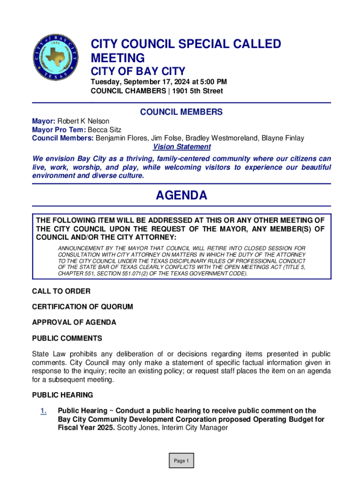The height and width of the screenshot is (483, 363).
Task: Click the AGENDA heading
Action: pos(181,195)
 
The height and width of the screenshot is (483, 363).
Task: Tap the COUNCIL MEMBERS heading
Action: pos(181,112)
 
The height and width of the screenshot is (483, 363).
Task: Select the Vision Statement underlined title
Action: pos(181,147)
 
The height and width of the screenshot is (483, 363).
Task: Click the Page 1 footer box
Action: pos(181,461)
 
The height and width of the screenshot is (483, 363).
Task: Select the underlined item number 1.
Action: pos(43,411)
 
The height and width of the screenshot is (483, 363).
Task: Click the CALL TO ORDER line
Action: pos(61,291)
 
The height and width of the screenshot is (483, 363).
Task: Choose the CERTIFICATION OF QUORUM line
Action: pos(82,307)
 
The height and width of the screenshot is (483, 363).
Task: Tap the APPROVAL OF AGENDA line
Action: pos(74,323)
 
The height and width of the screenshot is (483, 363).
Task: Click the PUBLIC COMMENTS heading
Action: pos(67,339)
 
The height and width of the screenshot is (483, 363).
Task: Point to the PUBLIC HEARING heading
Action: pos(63,395)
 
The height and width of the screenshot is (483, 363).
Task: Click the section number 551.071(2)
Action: pos(152,273)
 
